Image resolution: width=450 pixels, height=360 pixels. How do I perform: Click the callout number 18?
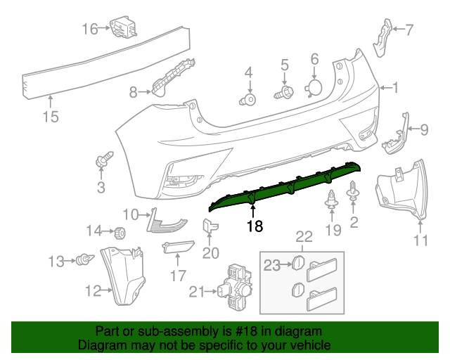coord(254,226)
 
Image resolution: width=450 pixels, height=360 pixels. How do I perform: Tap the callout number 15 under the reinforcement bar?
coord(51,117)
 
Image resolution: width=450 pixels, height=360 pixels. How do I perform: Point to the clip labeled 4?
coord(248,99)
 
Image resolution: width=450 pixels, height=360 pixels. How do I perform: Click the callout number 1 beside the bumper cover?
coord(395,88)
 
